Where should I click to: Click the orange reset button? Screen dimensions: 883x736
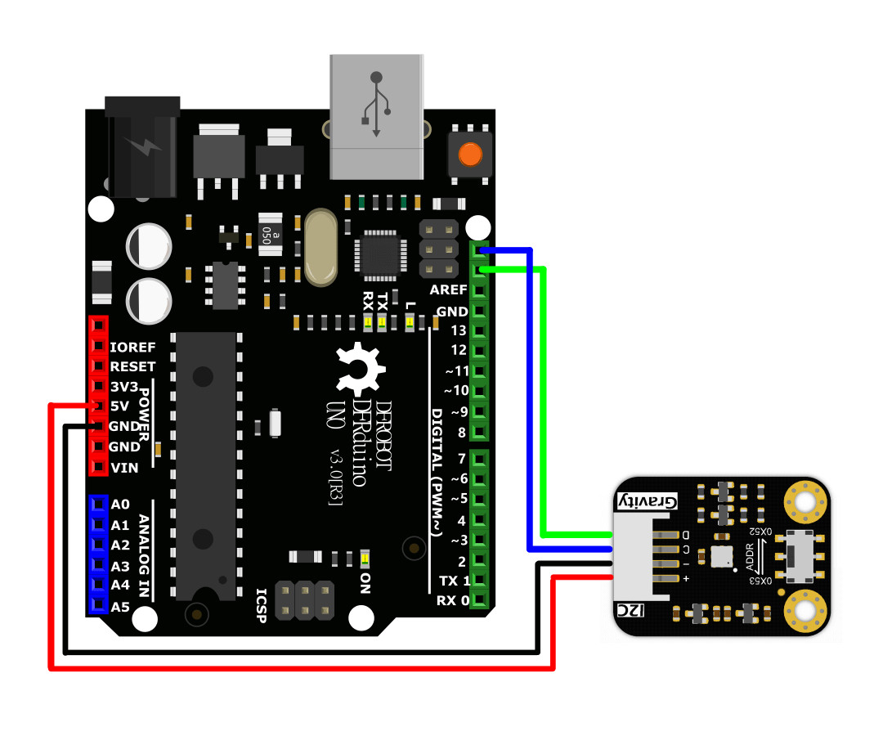pos(470,155)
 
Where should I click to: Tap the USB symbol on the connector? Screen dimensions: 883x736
pos(376,104)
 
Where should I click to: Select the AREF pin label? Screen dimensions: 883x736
pos(448,290)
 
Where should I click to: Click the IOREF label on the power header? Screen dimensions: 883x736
pos(132,348)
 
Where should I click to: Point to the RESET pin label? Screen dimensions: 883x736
pos(132,366)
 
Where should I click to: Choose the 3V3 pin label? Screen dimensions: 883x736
pos(124,387)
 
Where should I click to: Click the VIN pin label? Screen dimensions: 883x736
pos(124,468)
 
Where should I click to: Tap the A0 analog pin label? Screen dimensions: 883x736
pos(120,504)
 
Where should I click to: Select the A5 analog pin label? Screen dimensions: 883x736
pos(120,607)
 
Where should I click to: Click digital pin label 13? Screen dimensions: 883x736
pos(459,330)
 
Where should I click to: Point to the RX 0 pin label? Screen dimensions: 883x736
pos(453,601)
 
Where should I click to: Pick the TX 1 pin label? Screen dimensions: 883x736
pos(454,581)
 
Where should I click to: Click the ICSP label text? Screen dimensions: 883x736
pos(262,606)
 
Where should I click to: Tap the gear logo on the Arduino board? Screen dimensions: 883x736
pos(360,370)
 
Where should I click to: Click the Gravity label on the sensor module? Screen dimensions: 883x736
pos(648,500)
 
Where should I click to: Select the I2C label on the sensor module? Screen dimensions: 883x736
pos(630,610)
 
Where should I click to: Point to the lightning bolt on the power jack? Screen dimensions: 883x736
pos(144,146)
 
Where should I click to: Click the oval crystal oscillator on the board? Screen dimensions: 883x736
pos(320,247)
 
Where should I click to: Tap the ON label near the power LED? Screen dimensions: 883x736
pos(365,584)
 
